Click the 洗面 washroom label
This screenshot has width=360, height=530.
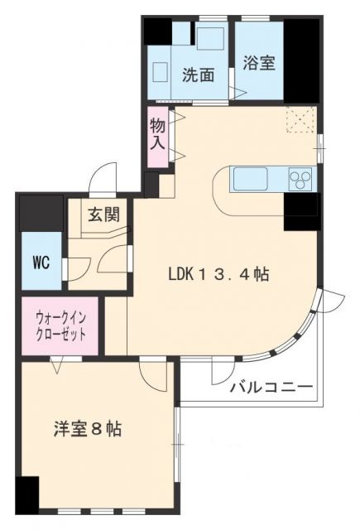(x=199, y=74)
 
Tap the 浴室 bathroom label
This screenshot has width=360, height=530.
(x=259, y=62)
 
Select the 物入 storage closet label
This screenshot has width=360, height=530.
(x=157, y=132)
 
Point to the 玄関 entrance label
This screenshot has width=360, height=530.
(x=104, y=214)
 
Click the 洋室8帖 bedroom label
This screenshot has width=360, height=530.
(x=88, y=430)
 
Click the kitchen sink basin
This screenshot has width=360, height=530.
(x=250, y=178)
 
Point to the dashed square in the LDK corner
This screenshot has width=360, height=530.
(x=299, y=121)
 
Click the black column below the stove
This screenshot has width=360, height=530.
(x=301, y=211)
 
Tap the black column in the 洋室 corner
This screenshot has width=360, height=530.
(x=27, y=496)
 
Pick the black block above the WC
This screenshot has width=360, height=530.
(x=41, y=213)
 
